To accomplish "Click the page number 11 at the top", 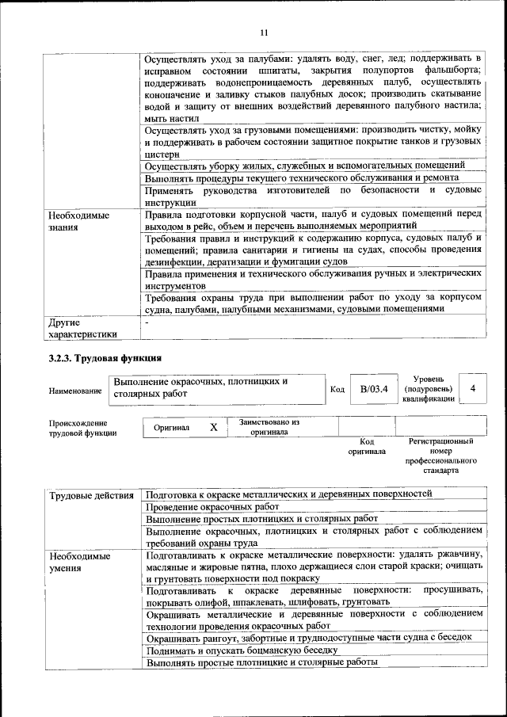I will pyautogui.click(x=263, y=32).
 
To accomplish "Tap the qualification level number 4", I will pyautogui.click(x=473, y=389).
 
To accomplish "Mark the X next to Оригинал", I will pyautogui.click(x=214, y=427).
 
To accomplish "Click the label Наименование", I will pyautogui.click(x=75, y=391).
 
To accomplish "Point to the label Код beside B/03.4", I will pyautogui.click(x=337, y=389).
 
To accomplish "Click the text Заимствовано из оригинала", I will pyautogui.click(x=269, y=427).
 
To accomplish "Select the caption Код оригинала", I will pyautogui.click(x=367, y=446).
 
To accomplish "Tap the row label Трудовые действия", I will pyautogui.click(x=91, y=496).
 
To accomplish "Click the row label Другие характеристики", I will pyautogui.click(x=82, y=329).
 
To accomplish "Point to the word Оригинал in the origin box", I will pyautogui.click(x=172, y=428).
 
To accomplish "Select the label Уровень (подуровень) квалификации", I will pyautogui.click(x=429, y=389).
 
